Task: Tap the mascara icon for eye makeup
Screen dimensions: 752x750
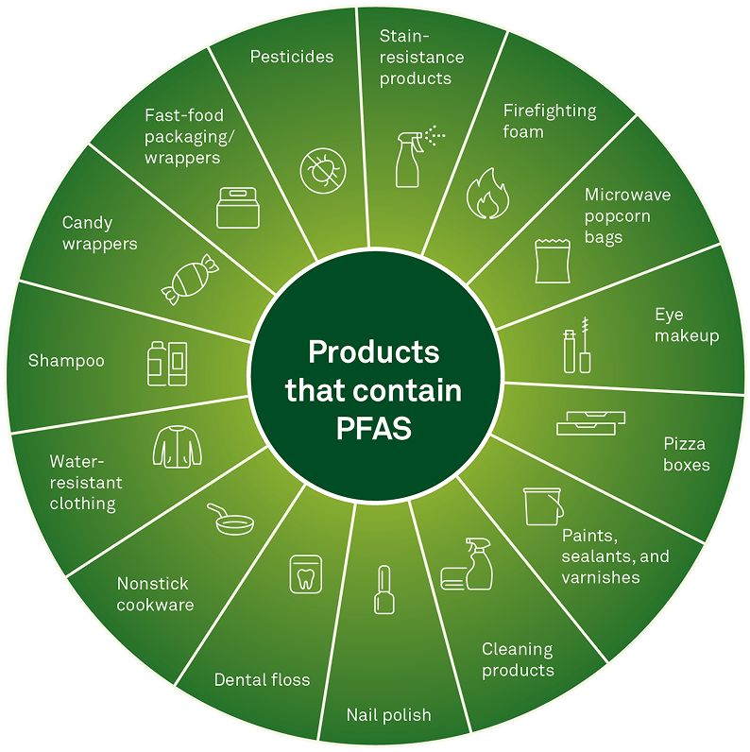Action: point(578,349)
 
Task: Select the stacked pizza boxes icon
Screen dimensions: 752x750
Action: point(590,422)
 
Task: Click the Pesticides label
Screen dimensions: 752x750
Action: point(292,57)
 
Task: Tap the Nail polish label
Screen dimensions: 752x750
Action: point(388,715)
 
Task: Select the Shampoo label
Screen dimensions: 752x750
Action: point(66,361)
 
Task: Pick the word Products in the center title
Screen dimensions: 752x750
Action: point(374,352)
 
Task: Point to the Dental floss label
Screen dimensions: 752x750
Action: point(262,679)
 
